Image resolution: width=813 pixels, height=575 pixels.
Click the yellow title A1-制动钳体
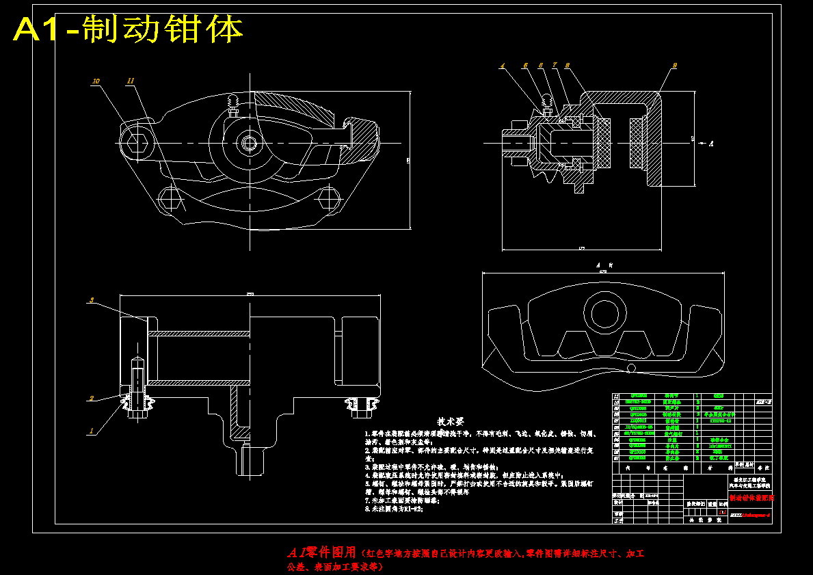pyautogui.click(x=128, y=29)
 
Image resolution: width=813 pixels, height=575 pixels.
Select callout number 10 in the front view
pyautogui.click(x=96, y=81)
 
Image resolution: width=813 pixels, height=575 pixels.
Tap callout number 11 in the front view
pyautogui.click(x=130, y=81)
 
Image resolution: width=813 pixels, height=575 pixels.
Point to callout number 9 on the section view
pyautogui.click(x=674, y=66)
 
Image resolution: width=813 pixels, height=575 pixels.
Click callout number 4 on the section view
pyautogui.click(x=502, y=66)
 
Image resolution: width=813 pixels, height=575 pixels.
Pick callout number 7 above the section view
pyautogui.click(x=555, y=66)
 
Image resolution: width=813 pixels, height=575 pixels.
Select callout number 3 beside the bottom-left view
pyautogui.click(x=91, y=299)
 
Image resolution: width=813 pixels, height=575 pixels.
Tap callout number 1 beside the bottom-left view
pyautogui.click(x=91, y=431)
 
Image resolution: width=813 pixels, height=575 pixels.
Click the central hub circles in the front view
pyautogui.click(x=248, y=144)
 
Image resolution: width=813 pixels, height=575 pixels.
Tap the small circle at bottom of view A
pyautogui.click(x=631, y=369)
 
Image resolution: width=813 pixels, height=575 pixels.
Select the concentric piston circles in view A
pyautogui.click(x=604, y=314)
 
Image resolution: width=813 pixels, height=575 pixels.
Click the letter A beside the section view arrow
pyautogui.click(x=712, y=144)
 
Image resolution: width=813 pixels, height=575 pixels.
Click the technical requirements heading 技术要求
pyautogui.click(x=451, y=422)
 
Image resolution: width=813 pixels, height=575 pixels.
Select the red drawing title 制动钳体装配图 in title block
pyautogui.click(x=750, y=498)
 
